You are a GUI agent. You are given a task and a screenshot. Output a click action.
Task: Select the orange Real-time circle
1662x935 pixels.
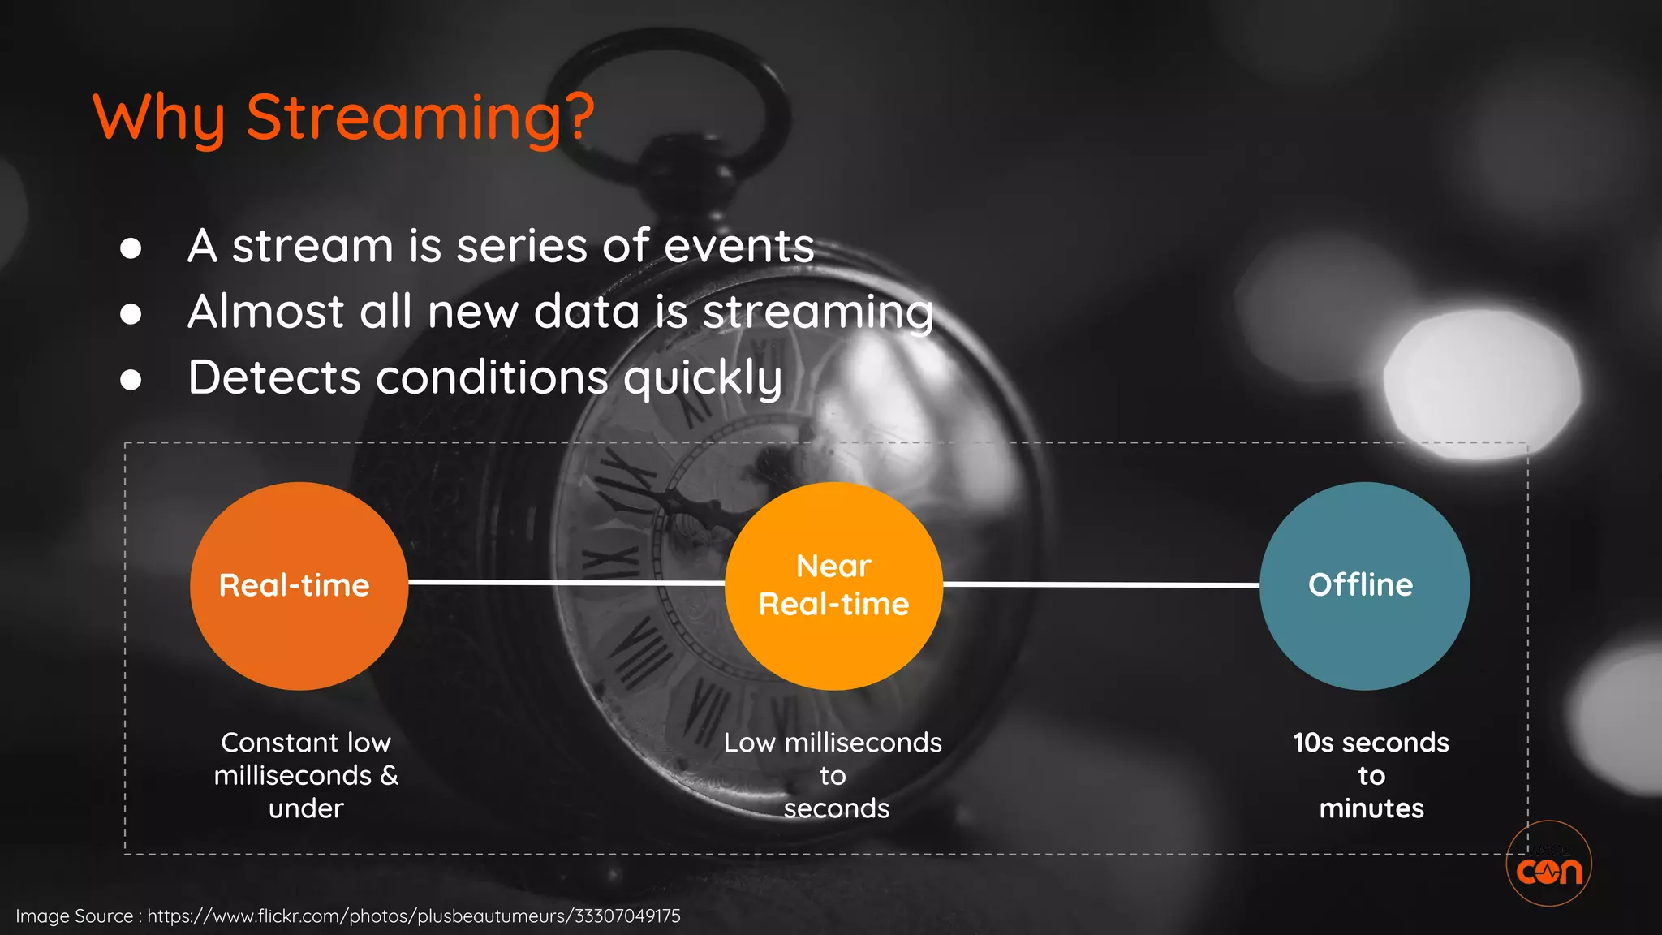pos(299,586)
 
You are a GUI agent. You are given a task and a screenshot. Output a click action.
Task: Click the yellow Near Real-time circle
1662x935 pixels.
pos(833,586)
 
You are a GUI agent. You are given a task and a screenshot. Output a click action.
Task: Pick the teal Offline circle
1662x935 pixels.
pos(1364,586)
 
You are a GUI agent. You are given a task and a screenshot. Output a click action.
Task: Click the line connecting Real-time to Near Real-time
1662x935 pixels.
pos(566,583)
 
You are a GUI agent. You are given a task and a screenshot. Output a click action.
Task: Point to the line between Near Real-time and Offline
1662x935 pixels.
pos(1100,584)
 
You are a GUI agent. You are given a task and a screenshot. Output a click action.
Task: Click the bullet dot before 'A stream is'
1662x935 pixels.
pos(131,248)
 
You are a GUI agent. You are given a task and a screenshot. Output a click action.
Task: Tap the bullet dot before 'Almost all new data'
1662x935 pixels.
pos(131,314)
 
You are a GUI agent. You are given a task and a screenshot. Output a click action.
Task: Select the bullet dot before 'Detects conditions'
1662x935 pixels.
pos(131,380)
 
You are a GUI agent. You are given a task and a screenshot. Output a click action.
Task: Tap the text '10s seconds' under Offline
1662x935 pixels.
pos(1371,743)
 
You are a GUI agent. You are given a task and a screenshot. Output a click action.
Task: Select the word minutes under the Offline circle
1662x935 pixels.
pos(1371,808)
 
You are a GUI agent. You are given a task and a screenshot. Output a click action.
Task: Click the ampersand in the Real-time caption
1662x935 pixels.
pos(390,776)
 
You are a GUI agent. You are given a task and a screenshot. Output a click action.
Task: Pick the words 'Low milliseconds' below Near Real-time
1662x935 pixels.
pos(833,743)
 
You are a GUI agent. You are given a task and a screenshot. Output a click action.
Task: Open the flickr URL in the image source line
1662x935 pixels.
pos(414,916)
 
